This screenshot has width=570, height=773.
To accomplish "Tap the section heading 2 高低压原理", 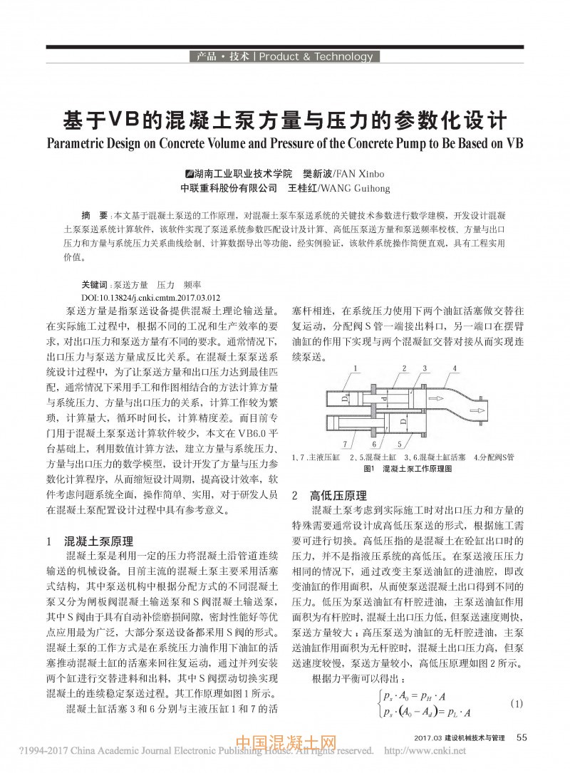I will tap(328, 496).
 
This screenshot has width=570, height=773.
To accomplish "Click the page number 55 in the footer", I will tap(522, 737).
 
